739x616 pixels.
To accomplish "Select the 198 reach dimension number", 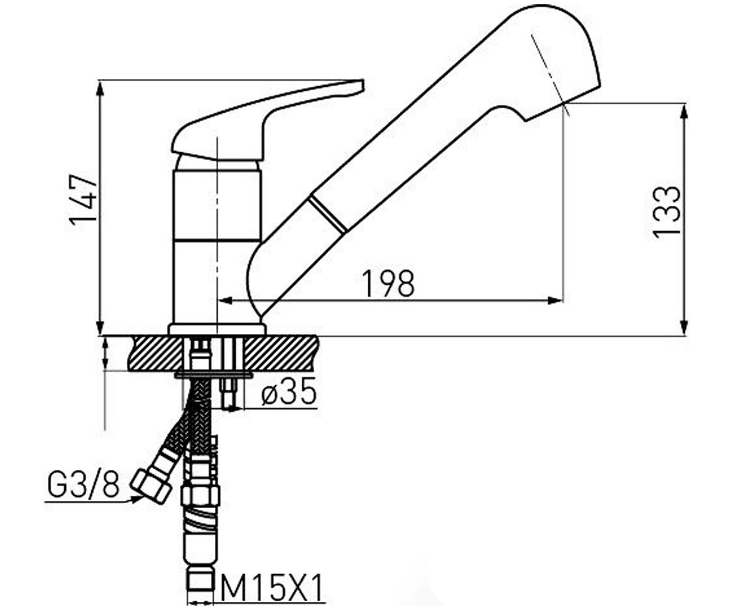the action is coord(389,283).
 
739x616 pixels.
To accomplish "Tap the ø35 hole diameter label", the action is coord(288,390).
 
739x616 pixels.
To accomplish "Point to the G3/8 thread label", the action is coord(84,483).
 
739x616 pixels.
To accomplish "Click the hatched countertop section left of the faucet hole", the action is coord(158,354).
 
